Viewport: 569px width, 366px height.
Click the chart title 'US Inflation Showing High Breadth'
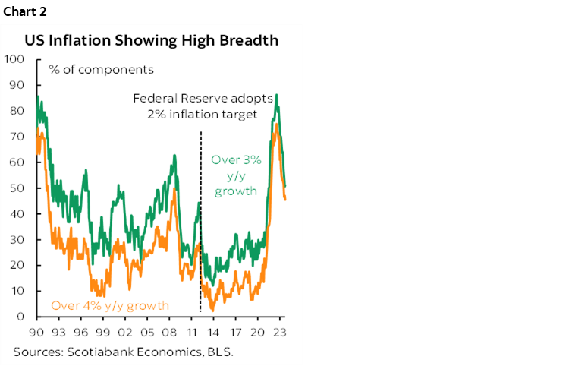(x=152, y=40)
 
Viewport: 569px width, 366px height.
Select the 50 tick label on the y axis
(x=17, y=188)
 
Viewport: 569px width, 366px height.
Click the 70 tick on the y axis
(x=17, y=136)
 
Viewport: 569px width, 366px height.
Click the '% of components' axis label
(x=101, y=70)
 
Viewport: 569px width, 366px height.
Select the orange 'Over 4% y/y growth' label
(x=110, y=306)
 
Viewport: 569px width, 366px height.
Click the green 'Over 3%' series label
(x=235, y=160)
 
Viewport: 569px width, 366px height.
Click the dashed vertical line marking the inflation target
(x=200, y=228)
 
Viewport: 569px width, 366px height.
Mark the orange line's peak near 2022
(x=277, y=124)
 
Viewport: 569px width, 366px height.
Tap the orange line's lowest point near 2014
(x=213, y=310)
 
